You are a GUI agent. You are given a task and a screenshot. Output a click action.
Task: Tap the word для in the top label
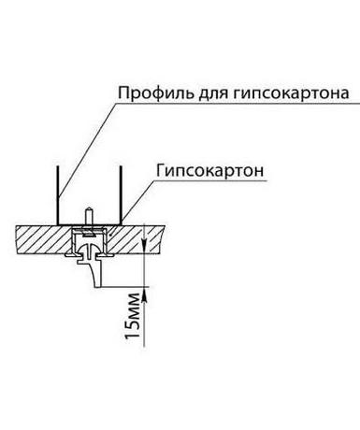[213, 94]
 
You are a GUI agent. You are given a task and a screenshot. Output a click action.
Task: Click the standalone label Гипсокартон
[209, 170]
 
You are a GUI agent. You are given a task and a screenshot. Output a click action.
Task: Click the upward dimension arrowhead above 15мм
[144, 294]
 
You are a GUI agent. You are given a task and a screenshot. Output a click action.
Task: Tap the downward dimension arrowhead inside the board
[144, 245]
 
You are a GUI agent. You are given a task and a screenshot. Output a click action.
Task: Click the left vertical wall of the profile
[58, 194]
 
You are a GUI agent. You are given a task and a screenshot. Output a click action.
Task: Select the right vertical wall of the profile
[121, 194]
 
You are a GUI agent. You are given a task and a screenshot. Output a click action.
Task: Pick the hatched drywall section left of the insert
[44, 239]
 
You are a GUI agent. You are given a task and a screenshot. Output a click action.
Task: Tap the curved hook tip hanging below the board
[96, 282]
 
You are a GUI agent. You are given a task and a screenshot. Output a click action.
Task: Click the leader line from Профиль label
[87, 149]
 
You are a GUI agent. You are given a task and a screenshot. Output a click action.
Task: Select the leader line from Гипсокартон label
[137, 201]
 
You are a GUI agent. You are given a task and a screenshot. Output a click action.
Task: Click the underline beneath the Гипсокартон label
[210, 180]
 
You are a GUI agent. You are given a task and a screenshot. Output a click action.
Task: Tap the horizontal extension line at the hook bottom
[124, 286]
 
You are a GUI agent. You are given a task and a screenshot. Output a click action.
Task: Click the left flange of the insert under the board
[69, 255]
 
